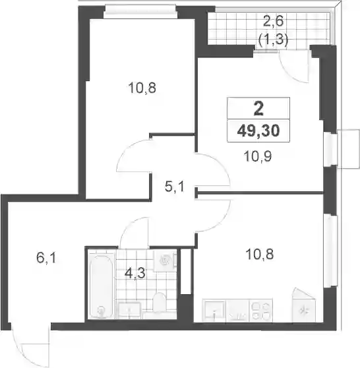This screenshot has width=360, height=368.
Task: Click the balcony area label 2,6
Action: pyautogui.click(x=274, y=22)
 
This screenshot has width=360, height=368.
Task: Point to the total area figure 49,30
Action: pyautogui.click(x=258, y=131)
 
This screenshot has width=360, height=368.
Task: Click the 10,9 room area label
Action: pyautogui.click(x=258, y=156)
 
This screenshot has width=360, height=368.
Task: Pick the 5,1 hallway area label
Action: pyautogui.click(x=174, y=187)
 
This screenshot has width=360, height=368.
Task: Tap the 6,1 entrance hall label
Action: pyautogui.click(x=46, y=258)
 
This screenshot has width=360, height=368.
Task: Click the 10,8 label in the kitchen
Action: pyautogui.click(x=259, y=255)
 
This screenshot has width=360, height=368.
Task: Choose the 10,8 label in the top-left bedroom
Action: pyautogui.click(x=142, y=88)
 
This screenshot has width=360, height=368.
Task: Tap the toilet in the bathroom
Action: pyautogui.click(x=159, y=303)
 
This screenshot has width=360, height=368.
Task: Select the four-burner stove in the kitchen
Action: pyautogui.click(x=260, y=310)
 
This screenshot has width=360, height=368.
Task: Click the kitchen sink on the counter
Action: pyautogui.click(x=214, y=311)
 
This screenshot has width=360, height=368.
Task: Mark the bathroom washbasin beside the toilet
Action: pyautogui.click(x=129, y=310)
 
